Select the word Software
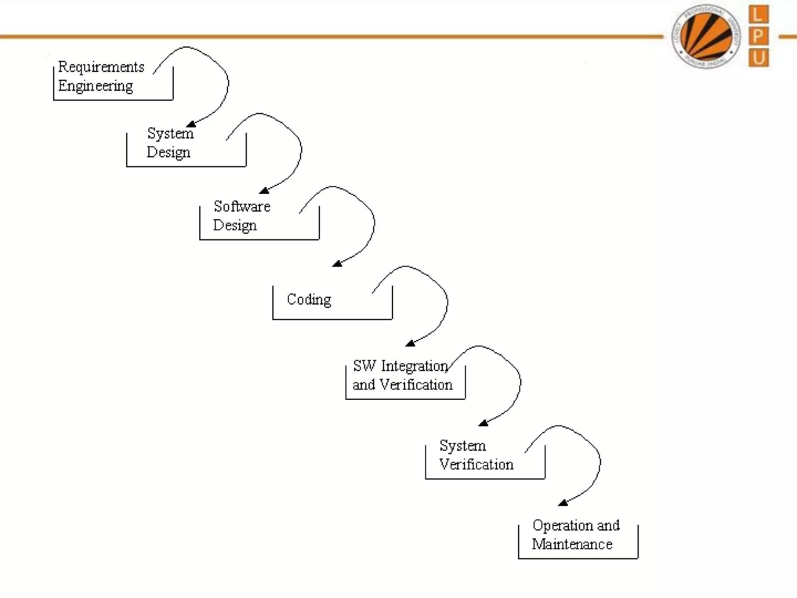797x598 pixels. tap(242, 207)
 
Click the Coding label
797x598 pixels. tap(309, 300)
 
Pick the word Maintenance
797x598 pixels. tap(572, 544)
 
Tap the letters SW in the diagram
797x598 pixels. tap(365, 366)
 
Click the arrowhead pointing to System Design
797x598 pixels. tap(191, 124)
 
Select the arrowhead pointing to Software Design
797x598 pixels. tap(264, 190)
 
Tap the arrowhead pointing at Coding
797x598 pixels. tap(337, 264)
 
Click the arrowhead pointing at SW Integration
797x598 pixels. tap(410, 343)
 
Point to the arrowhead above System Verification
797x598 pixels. tap(483, 423)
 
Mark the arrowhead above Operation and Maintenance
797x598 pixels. tap(563, 503)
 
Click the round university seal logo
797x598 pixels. tap(706, 37)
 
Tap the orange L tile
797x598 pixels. tap(758, 15)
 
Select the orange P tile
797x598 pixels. tap(758, 36)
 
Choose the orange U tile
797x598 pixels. tap(758, 58)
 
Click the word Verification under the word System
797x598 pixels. tap(476, 465)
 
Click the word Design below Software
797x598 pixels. tap(235, 226)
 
